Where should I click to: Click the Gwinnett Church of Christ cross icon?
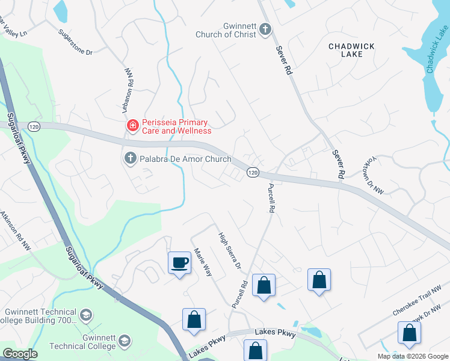tap(265, 29)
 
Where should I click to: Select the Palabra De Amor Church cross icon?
tap(129, 159)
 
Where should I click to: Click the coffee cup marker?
tap(179, 262)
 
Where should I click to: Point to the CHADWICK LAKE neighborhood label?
tap(345, 49)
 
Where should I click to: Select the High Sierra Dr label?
tap(229, 250)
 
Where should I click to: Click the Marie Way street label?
tap(202, 262)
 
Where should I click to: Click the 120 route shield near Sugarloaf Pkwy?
tap(34, 126)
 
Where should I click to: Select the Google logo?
tap(20, 354)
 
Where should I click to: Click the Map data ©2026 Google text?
tap(413, 356)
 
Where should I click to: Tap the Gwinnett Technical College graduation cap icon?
tap(125, 341)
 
